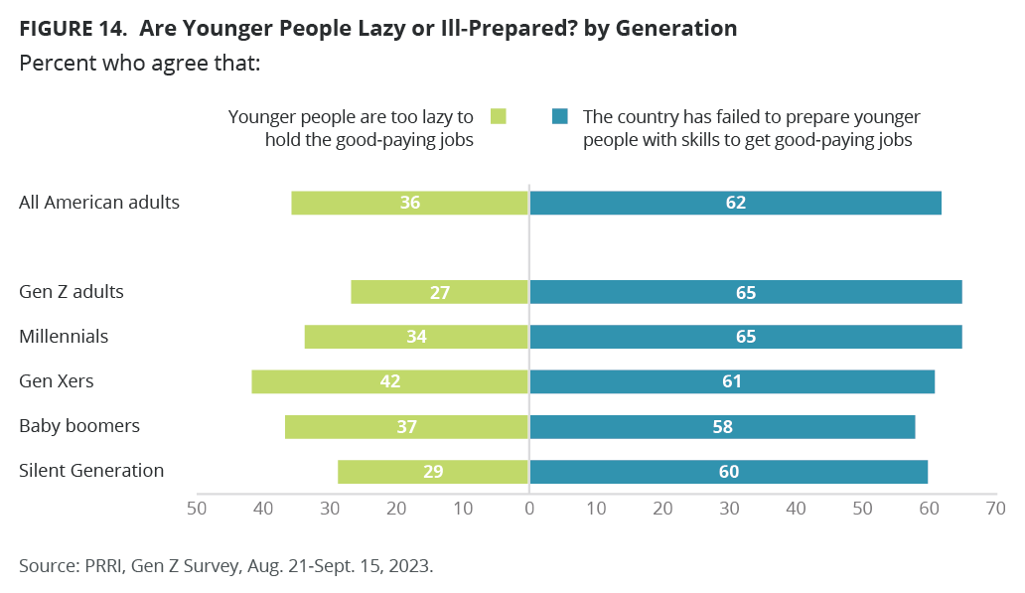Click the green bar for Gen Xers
click(389, 381)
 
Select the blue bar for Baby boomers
click(722, 427)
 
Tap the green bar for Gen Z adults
click(439, 292)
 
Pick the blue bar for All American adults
click(735, 203)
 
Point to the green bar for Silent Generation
click(433, 472)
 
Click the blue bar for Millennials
click(746, 337)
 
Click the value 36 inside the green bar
click(410, 203)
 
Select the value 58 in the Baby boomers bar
click(722, 427)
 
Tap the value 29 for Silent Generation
click(433, 472)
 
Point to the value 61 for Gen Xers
click(731, 381)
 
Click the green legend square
click(499, 116)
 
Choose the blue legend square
click(560, 116)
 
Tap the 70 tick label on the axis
click(995, 509)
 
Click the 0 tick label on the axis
click(529, 509)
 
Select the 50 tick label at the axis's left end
click(197, 509)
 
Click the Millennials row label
click(64, 337)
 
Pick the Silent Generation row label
click(91, 471)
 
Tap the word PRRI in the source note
click(103, 565)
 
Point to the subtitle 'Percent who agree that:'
click(140, 64)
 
